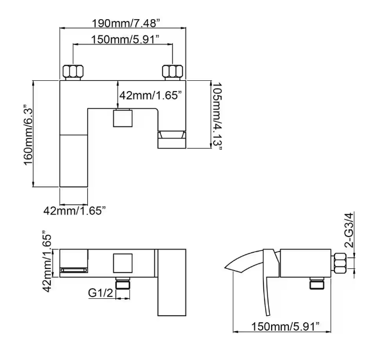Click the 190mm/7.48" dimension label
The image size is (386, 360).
126,23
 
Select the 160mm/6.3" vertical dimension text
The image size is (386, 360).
28,136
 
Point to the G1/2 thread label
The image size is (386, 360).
101,293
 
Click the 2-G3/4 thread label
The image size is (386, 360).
348,230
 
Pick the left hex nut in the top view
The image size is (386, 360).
73,71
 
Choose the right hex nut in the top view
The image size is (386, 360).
172,71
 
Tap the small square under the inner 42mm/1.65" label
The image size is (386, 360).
123,119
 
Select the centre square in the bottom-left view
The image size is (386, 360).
123,263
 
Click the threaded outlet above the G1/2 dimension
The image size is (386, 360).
123,283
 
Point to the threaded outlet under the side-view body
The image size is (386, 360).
317,283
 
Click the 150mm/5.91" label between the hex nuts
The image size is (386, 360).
125,39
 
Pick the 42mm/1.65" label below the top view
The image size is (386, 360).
75,211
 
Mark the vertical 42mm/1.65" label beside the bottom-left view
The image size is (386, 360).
47,262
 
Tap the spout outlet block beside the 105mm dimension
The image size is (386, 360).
172,140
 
